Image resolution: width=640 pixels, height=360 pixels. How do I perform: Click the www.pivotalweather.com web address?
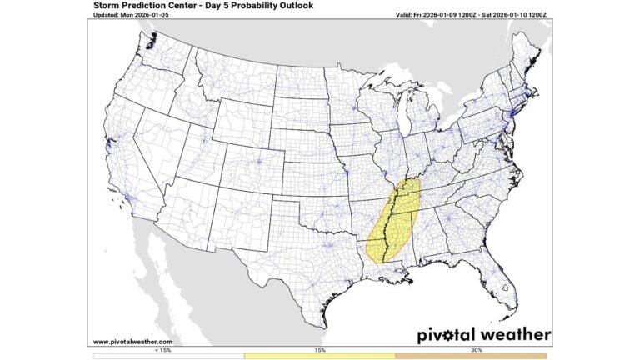pyautogui.click(x=132, y=341)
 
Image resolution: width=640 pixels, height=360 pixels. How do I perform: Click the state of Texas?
pyautogui.click(x=300, y=258)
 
